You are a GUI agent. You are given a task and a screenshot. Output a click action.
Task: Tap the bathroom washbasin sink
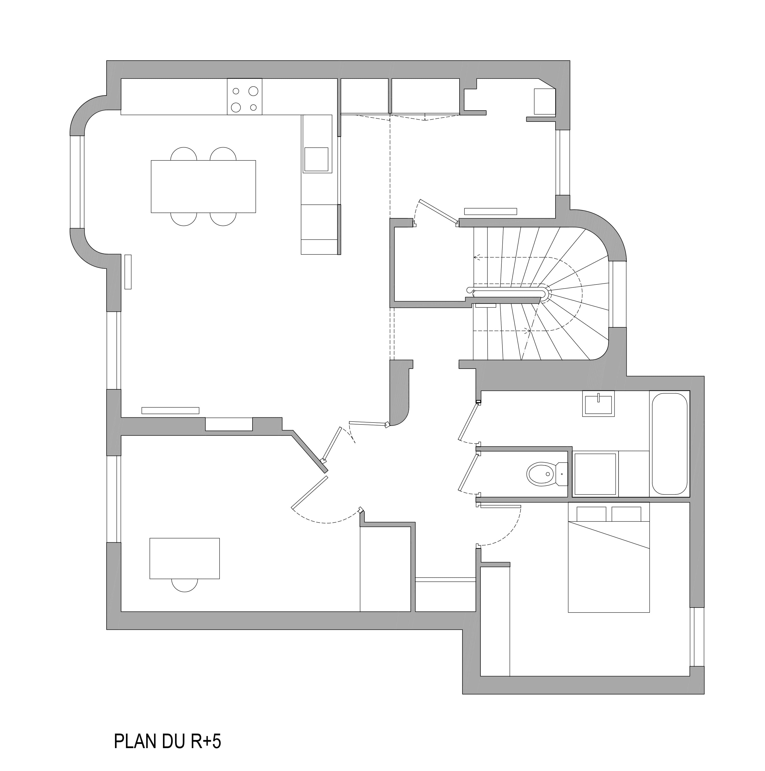[598, 404]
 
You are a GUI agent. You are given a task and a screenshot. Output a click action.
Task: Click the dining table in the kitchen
[203, 186]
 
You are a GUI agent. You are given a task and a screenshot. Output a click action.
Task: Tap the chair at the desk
[184, 585]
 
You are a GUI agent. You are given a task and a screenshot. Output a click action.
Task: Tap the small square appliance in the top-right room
[544, 101]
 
